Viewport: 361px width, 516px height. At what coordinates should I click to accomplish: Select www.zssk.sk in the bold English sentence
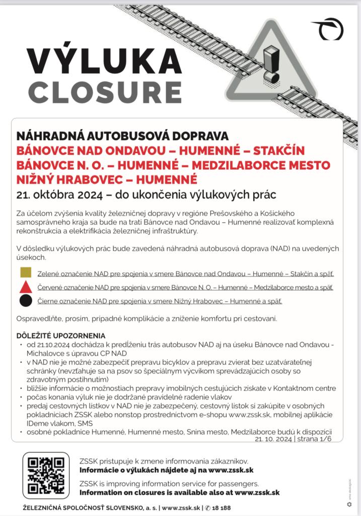257,493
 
